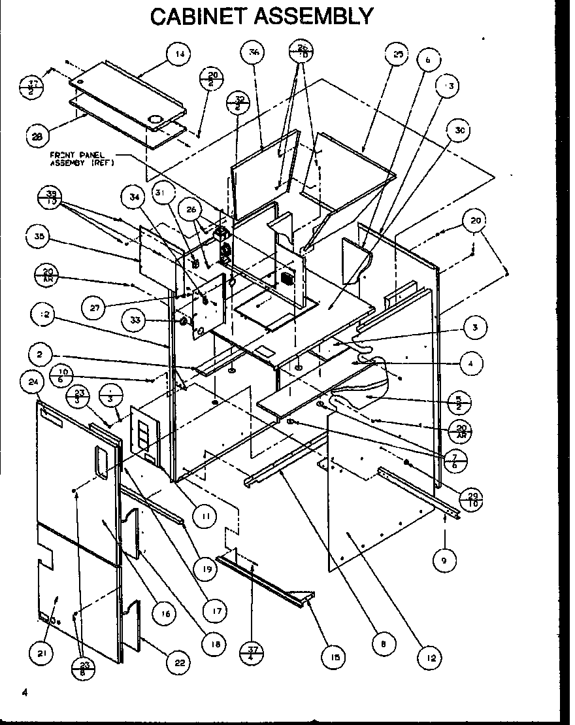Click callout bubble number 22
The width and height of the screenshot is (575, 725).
(x=178, y=662)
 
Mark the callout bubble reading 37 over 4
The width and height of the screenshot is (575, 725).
(x=252, y=653)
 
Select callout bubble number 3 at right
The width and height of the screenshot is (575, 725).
(x=475, y=328)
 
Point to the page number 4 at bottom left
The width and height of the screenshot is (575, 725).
(x=24, y=694)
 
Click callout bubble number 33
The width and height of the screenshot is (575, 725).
(x=134, y=321)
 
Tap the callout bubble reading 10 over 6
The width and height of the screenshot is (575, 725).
(x=61, y=373)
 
